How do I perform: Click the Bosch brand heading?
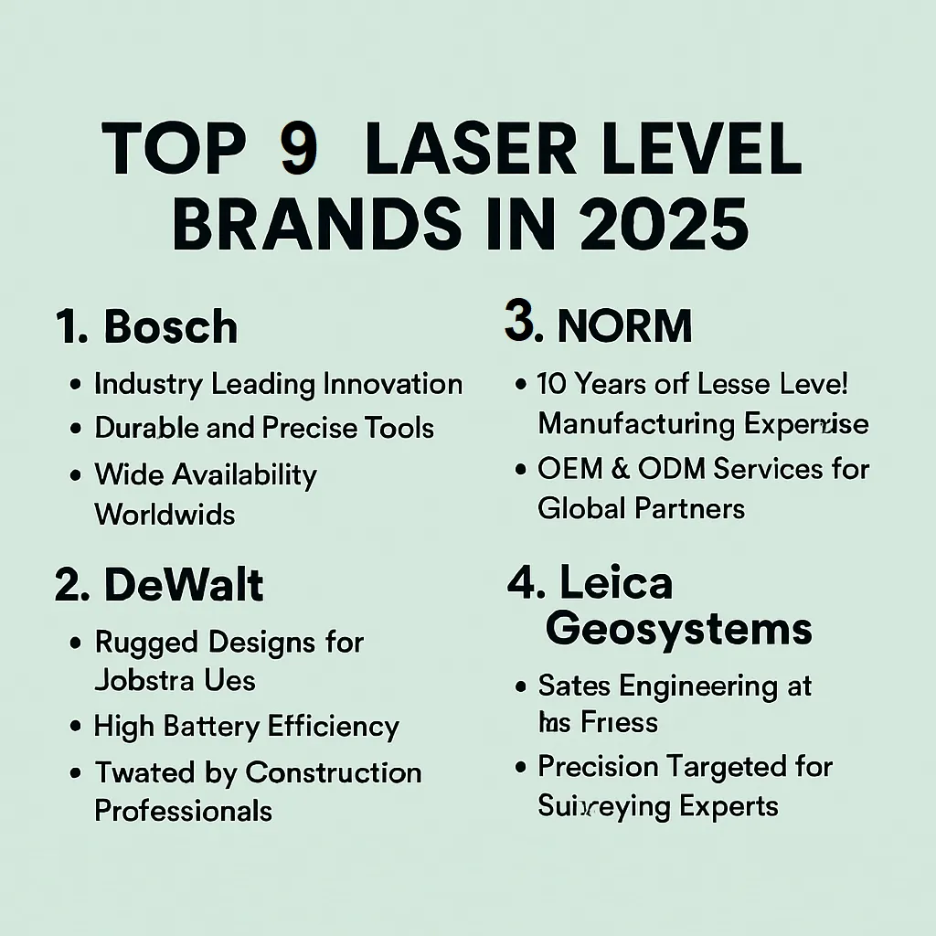(170, 327)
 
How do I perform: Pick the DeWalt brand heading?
(184, 585)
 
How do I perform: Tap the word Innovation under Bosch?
(393, 384)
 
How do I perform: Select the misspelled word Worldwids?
(165, 515)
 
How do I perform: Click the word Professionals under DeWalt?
(184, 811)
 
